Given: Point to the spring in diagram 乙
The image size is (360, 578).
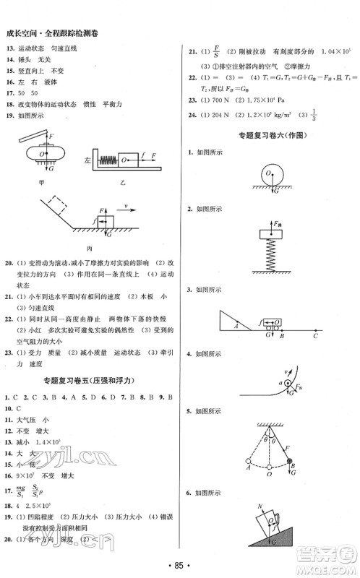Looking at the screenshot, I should coord(106,158).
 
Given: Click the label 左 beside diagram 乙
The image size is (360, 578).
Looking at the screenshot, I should coord(87,160).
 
